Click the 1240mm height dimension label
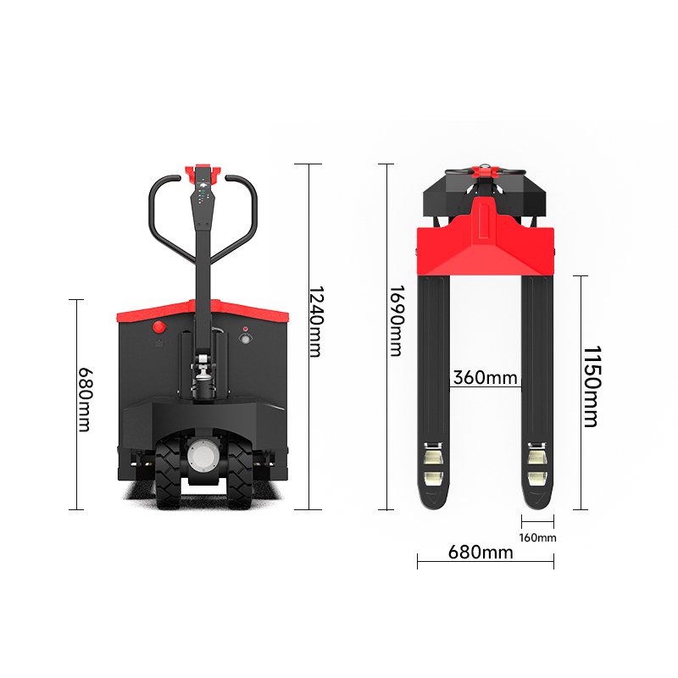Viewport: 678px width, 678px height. point(316,321)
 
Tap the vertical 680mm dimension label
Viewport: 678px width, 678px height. point(85,399)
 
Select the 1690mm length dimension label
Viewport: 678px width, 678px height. point(397,321)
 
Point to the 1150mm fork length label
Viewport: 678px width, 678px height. point(592,386)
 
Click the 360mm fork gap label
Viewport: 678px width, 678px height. point(485,377)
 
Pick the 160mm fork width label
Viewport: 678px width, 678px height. point(537,537)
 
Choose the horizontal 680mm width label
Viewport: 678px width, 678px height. point(481,553)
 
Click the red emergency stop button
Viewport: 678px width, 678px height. point(159,327)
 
